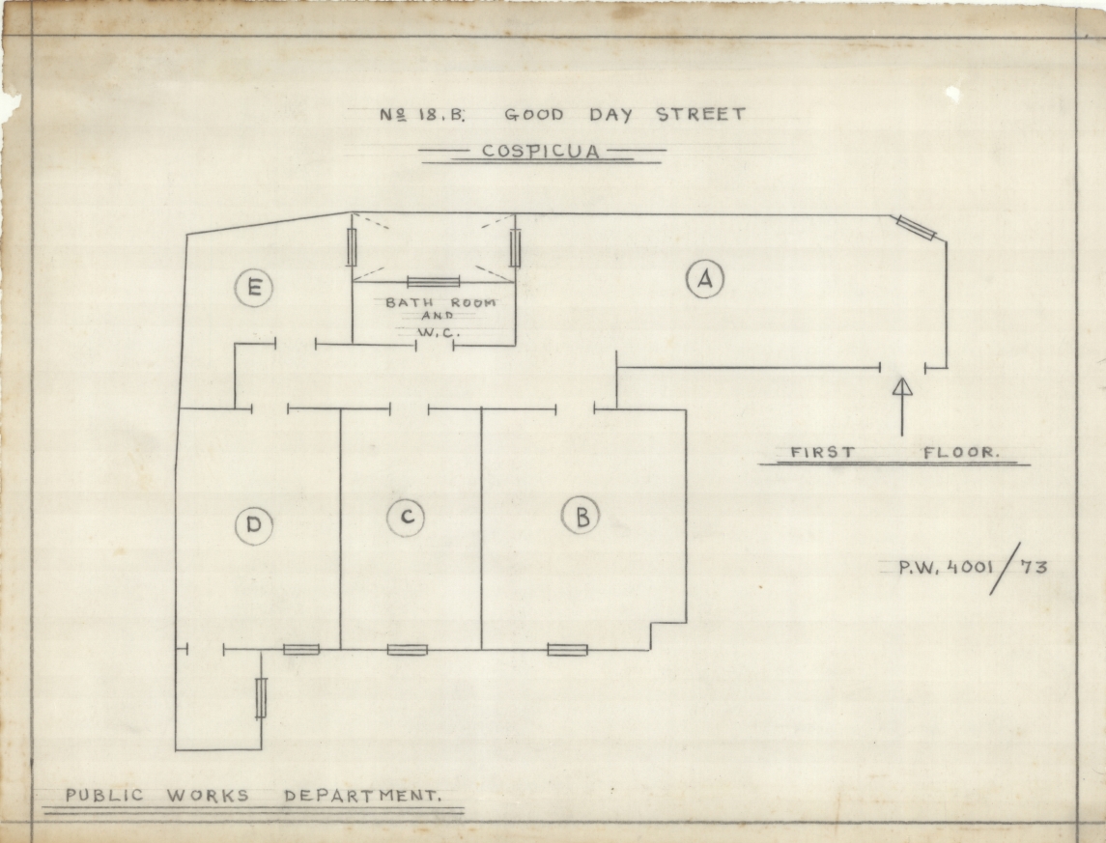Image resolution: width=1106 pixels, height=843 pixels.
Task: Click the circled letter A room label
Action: pos(704,279)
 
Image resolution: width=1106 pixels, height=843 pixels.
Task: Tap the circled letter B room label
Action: pos(581,516)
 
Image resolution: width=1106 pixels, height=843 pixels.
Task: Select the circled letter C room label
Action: pos(407,518)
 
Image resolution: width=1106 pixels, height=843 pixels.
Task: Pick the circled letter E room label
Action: pos(254,288)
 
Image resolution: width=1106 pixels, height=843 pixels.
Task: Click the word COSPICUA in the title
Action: pos(541,151)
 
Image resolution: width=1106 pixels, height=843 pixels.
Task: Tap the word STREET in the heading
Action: pos(701,114)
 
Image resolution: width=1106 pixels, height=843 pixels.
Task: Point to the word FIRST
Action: pos(822,453)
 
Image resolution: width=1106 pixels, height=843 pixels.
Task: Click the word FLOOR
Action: pos(961,453)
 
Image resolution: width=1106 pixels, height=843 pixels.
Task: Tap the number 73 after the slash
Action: pos(1034,567)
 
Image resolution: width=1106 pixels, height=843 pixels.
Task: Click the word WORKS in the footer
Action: pos(208,797)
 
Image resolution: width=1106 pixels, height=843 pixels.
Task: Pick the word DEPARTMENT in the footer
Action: pos(362,797)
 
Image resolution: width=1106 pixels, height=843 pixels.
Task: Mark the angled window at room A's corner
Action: pos(917,228)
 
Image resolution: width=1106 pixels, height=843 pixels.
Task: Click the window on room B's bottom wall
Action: pos(567,650)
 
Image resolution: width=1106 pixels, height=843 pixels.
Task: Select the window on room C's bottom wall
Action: pos(407,650)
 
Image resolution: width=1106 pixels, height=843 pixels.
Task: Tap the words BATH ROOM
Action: pos(440,302)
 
